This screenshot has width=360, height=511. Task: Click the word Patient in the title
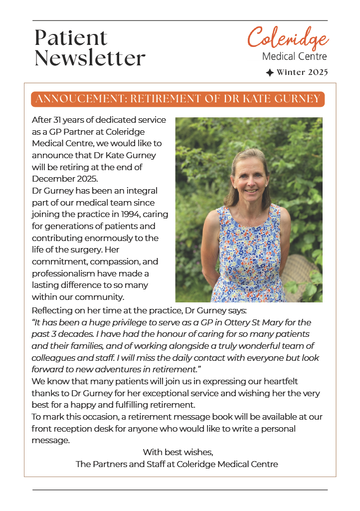71,38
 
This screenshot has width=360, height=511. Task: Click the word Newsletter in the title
90,58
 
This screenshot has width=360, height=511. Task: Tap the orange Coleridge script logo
288,38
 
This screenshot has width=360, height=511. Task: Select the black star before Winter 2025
270,73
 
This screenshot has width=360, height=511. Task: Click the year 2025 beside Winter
318,72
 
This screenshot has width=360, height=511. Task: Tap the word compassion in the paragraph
104,261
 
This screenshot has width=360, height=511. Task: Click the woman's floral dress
249,259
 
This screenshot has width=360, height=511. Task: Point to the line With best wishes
178,452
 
